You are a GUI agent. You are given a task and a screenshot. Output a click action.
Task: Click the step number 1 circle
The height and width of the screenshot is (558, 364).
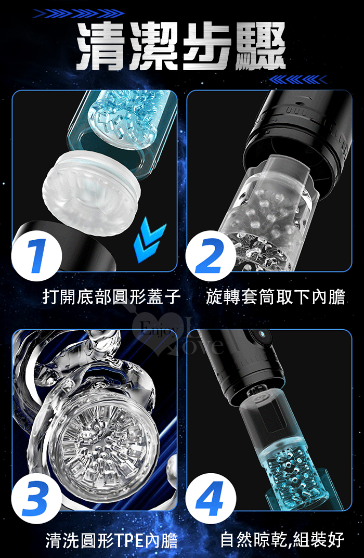click(36, 256)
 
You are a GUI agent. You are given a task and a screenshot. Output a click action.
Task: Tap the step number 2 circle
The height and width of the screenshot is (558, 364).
click(210, 256)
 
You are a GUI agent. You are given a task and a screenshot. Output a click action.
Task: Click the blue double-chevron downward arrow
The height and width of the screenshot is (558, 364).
click(149, 239)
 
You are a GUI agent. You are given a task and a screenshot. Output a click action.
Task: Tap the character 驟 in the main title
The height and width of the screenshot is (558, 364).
click(261, 46)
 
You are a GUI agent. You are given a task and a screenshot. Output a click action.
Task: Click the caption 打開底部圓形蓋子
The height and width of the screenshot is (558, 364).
click(111, 297)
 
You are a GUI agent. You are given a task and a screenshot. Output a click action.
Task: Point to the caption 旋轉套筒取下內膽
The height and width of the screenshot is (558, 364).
click(276, 297)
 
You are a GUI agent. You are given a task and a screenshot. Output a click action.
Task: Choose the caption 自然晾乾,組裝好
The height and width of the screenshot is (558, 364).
click(282, 539)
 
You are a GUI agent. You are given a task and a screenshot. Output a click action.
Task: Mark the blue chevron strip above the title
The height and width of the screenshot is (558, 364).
click(79, 14)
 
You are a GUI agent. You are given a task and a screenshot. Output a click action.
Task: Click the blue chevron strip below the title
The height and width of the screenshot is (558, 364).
click(297, 80)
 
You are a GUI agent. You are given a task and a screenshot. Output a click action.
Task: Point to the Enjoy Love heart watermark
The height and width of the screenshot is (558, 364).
click(178, 334)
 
